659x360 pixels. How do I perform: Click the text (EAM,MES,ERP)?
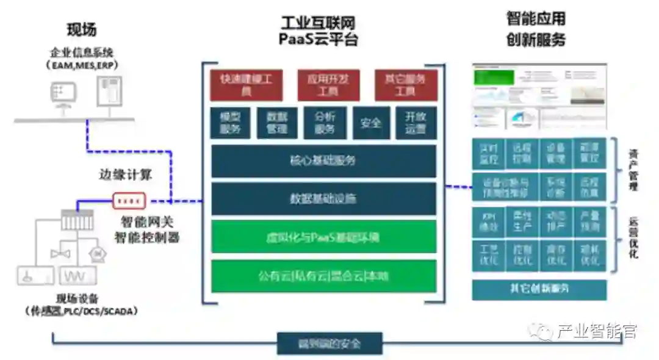click(82, 64)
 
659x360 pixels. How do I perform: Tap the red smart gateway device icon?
click(129, 201)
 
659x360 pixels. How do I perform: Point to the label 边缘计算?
click(125, 175)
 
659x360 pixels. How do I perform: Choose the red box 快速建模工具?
click(247, 85)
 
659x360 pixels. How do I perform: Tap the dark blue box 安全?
click(370, 123)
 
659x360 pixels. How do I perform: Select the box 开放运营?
click(416, 123)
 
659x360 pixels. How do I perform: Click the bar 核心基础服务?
click(323, 161)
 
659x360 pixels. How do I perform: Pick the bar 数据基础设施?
click(323, 199)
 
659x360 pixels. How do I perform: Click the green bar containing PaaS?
click(323, 237)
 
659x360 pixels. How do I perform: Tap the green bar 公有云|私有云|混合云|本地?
click(323, 276)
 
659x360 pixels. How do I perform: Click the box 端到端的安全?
click(329, 344)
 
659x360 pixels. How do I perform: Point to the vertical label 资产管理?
click(633, 170)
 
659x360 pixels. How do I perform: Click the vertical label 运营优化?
click(633, 239)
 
